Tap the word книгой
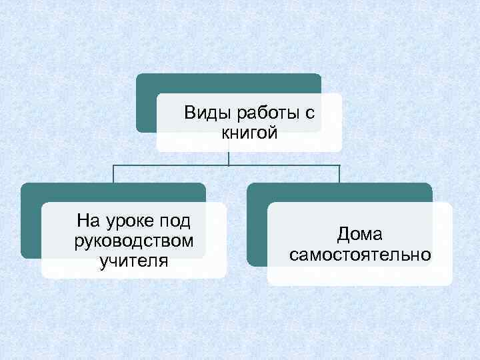[x=249, y=133]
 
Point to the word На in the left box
[x=88, y=219]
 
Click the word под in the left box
[x=177, y=219]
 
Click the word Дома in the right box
[x=359, y=234]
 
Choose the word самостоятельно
[x=360, y=255]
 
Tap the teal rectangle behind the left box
[x=30, y=220]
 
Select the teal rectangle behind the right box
[x=257, y=227]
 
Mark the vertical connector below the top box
[x=229, y=157]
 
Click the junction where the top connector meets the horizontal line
[x=229, y=164]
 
